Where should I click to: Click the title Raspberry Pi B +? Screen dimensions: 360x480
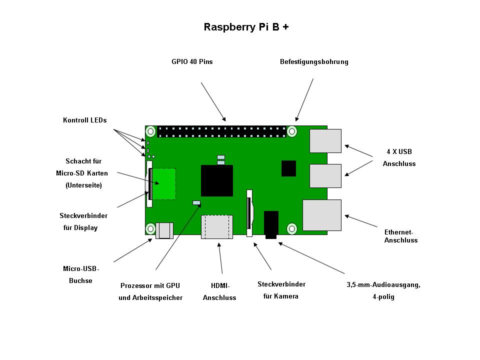click(x=246, y=27)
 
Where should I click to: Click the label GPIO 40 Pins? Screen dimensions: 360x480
click(x=192, y=62)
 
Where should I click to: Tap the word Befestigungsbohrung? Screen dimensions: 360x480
click(x=314, y=62)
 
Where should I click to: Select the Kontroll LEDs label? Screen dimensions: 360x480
click(x=84, y=120)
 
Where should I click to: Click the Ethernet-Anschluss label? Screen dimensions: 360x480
click(x=400, y=236)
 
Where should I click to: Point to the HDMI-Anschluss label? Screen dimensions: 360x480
click(x=219, y=291)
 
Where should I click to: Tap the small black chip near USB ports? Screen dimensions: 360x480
click(x=289, y=168)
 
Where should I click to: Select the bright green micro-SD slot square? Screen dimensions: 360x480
click(x=164, y=184)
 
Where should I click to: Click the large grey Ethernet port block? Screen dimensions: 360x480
click(x=321, y=215)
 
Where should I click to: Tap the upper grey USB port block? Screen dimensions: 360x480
click(x=325, y=141)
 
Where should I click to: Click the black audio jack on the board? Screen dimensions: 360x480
click(x=270, y=224)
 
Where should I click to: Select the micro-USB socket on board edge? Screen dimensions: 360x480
click(x=164, y=230)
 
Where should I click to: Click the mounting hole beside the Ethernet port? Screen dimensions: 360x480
click(x=292, y=228)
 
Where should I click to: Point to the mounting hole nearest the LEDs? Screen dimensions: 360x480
click(x=150, y=132)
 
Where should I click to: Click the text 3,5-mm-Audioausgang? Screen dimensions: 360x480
click(x=383, y=285)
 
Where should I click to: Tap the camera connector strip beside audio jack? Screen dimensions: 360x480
click(x=249, y=212)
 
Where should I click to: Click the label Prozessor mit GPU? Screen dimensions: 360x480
click(x=150, y=286)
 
